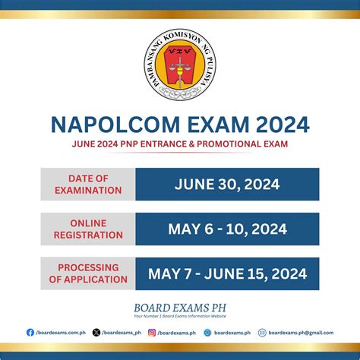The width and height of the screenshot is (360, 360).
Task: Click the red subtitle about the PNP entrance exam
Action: click(x=179, y=144)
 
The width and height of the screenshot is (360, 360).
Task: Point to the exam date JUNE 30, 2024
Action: click(x=227, y=185)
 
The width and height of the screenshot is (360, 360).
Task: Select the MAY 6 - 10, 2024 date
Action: click(x=227, y=229)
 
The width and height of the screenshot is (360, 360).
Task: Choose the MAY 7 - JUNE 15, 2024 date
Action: click(x=227, y=273)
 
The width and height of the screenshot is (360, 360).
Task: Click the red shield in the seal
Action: click(x=180, y=65)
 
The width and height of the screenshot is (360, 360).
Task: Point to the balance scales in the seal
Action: click(x=180, y=72)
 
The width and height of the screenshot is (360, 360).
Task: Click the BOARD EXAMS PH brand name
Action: click(x=180, y=309)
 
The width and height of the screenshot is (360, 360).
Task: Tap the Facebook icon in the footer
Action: click(x=30, y=332)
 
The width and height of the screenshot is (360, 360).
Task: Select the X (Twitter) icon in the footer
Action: click(x=96, y=332)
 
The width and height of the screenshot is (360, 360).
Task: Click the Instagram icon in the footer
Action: click(x=152, y=332)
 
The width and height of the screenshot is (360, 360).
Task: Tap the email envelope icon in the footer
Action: click(x=262, y=332)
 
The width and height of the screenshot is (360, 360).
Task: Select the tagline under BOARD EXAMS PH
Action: click(x=180, y=318)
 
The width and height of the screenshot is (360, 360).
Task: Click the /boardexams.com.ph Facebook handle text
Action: click(x=58, y=332)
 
